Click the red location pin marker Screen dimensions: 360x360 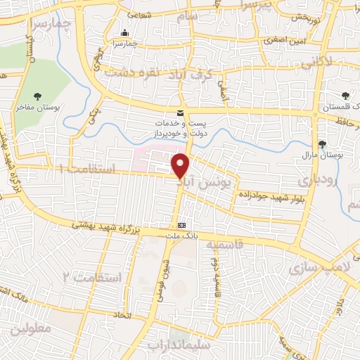pos(181,165)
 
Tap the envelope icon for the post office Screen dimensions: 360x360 pos(181,113)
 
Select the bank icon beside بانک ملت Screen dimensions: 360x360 pos(182,224)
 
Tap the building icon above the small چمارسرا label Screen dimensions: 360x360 pos(125,33)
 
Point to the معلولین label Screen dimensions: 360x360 pos(29,328)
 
